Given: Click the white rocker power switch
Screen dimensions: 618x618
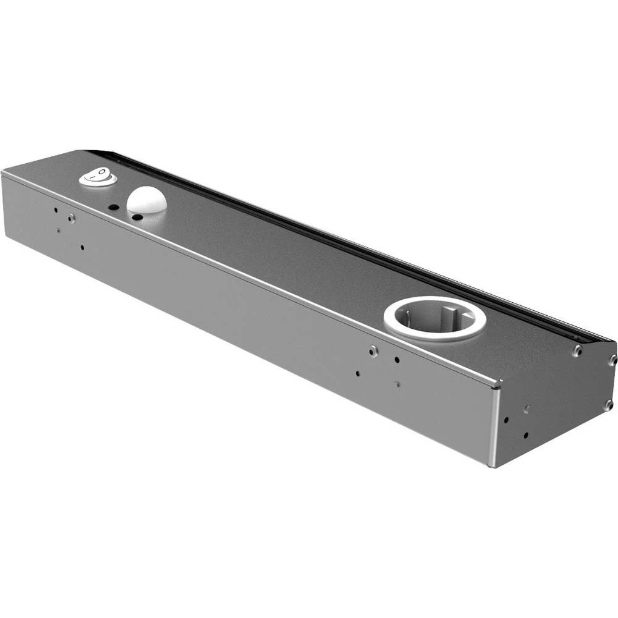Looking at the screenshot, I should coord(98,178).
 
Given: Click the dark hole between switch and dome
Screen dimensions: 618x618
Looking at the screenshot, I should coord(114,208).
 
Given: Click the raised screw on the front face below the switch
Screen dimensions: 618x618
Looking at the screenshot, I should coord(72,218).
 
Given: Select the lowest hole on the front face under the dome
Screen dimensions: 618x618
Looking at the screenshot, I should coord(82,248).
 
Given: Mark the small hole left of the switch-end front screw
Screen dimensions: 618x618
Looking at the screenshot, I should coord(56,210).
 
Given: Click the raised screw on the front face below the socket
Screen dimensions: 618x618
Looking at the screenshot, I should coord(373,351).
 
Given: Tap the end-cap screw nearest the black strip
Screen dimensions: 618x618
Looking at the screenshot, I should coord(576,351).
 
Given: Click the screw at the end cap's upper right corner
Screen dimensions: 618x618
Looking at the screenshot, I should coord(612,360).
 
